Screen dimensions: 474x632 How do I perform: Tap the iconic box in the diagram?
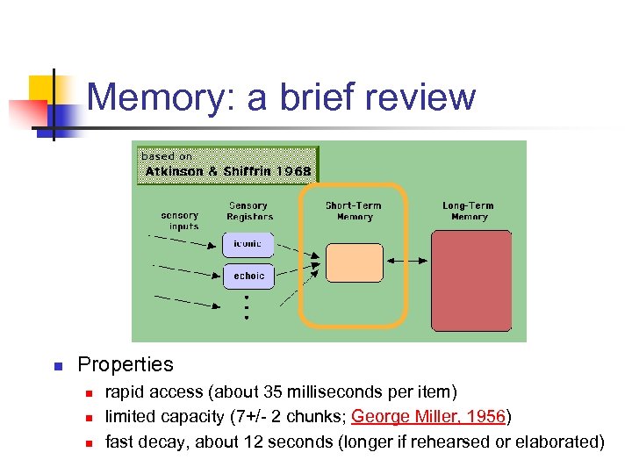pos(248,243)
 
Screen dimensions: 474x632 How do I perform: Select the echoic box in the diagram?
pos(248,276)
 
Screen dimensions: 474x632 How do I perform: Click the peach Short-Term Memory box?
pos(354,262)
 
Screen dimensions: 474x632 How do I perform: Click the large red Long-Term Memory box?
pos(471,280)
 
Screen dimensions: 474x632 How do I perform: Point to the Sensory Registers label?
pos(249,212)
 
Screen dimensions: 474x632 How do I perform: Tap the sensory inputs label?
pos(180,220)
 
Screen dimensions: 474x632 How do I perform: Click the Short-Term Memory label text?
pos(354,212)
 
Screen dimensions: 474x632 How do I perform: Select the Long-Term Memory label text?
pos(470,212)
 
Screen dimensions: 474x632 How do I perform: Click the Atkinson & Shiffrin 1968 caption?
pos(227,171)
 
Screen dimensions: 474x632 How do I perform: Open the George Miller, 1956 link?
pos(428,416)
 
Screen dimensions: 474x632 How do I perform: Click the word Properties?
pos(126,364)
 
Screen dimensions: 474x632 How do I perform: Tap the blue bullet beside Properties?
pos(54,365)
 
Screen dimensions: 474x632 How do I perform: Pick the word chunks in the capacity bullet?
pos(318,416)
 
